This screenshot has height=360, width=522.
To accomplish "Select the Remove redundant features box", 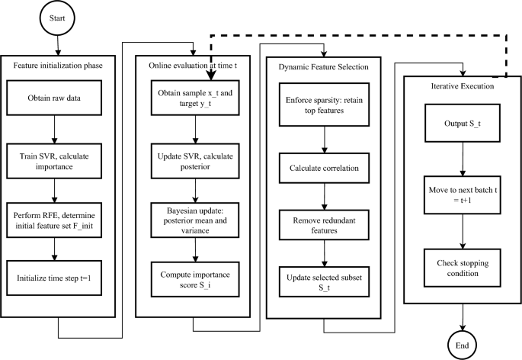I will pos(325,223).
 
